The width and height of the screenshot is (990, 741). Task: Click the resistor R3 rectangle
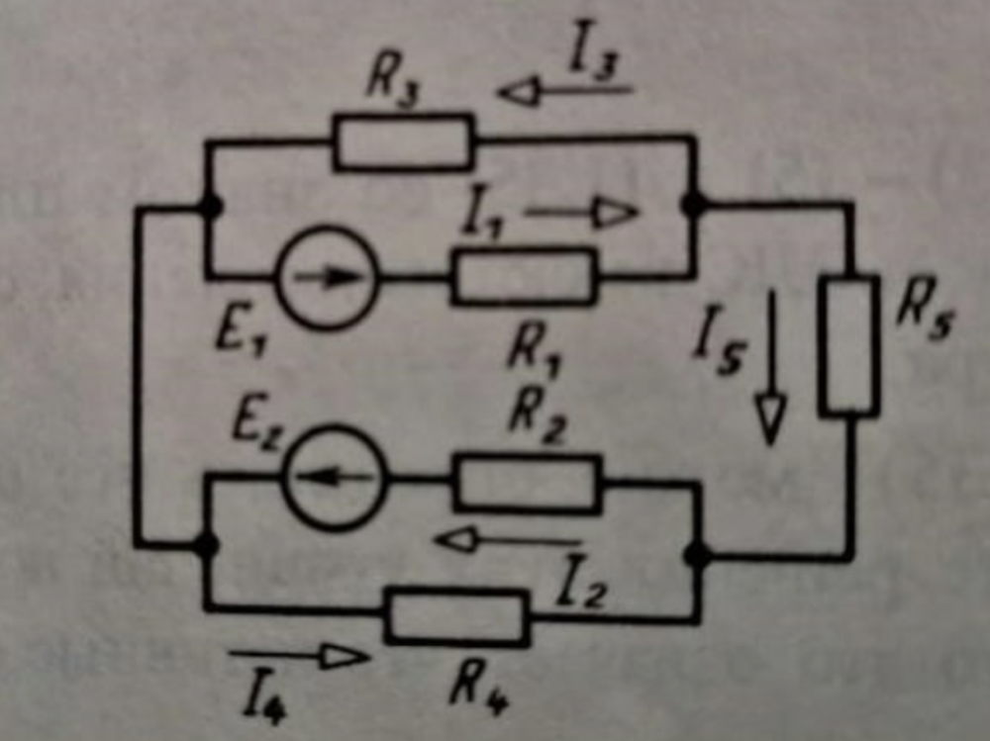point(404,142)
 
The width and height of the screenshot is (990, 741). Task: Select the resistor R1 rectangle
point(524,276)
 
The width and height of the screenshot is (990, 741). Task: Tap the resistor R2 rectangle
point(528,483)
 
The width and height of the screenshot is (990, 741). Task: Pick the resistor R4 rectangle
point(457,615)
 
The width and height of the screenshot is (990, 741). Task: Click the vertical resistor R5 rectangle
point(849,345)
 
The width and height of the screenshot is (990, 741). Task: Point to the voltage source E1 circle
point(328,277)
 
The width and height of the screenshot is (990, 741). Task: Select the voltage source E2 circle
point(334,478)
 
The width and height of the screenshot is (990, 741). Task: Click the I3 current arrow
point(565,92)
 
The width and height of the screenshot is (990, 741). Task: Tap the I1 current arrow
point(581,212)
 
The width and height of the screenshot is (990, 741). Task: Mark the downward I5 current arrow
point(770,365)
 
